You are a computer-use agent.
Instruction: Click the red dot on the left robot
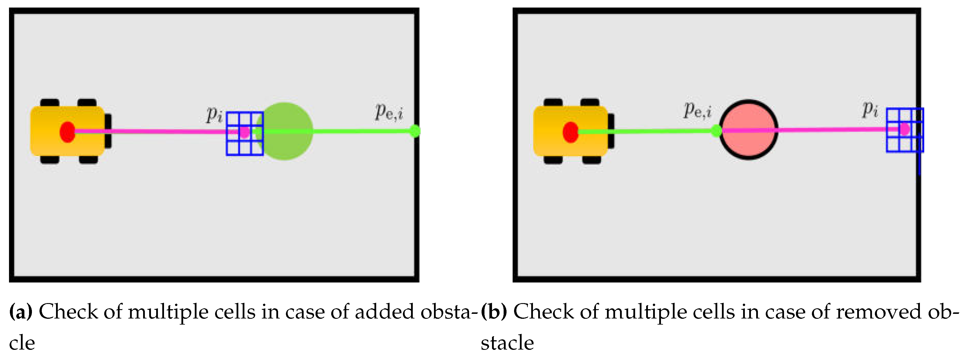click(67, 132)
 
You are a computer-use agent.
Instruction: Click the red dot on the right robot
click(570, 132)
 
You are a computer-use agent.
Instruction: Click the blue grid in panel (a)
click(245, 134)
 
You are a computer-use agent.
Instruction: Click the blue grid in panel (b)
click(905, 130)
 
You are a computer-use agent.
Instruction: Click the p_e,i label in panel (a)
click(389, 112)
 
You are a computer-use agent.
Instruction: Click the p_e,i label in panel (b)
click(698, 110)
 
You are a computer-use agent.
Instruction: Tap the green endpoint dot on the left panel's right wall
click(415, 131)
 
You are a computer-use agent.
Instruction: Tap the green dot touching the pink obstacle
click(716, 131)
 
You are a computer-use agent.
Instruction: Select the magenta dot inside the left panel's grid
click(244, 132)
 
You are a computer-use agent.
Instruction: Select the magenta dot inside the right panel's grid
click(905, 129)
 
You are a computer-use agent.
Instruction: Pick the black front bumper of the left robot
click(108, 131)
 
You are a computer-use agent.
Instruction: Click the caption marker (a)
click(21, 311)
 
